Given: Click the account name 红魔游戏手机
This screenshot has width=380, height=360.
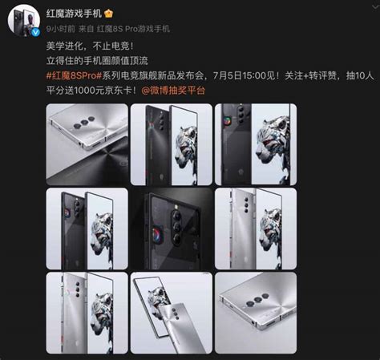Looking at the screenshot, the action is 74,13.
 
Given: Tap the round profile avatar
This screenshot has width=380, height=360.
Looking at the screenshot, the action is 24,21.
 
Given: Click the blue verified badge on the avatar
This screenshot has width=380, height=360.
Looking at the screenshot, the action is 35,33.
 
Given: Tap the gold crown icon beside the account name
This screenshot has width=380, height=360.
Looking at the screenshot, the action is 108,13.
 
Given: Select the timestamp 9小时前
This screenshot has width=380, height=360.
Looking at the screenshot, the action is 61,29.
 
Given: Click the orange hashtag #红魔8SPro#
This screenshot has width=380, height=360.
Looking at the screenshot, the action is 74,75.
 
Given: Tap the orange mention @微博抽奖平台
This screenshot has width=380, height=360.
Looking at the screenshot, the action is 173,91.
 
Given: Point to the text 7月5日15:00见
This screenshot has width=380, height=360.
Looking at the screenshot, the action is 246,75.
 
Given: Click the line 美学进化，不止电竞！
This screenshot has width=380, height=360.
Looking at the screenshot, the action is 90,46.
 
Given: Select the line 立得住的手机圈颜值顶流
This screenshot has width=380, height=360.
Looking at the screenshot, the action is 97,61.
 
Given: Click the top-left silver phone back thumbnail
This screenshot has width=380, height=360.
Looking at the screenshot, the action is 87,144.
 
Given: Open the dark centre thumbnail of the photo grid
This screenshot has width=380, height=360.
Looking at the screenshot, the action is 172,229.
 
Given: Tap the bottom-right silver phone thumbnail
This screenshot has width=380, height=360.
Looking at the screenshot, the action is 256,313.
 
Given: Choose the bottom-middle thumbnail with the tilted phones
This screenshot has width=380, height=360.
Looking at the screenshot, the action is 172,313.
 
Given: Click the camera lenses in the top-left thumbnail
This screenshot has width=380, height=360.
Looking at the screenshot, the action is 85,122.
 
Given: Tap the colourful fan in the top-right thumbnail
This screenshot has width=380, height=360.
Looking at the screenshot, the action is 228,121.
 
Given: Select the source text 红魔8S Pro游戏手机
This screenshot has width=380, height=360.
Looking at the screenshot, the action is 133,29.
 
